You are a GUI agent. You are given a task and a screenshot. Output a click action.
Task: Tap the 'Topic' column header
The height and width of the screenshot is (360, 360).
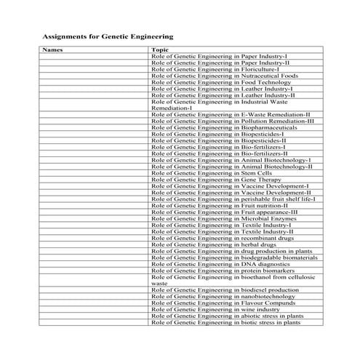click(x=159, y=50)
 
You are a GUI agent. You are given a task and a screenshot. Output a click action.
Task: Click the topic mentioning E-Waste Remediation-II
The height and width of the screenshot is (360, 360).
click(x=231, y=114)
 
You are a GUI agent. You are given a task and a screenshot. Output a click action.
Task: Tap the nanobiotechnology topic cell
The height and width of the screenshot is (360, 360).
click(x=223, y=296)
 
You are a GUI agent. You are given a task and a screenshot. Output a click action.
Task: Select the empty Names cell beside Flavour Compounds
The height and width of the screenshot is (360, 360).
click(x=93, y=303)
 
